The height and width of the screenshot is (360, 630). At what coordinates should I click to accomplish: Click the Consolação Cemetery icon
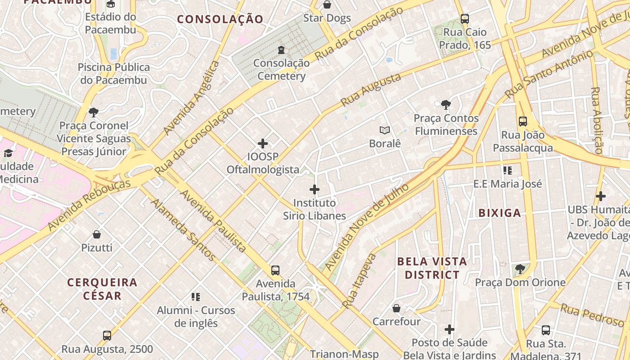(x=281, y=49)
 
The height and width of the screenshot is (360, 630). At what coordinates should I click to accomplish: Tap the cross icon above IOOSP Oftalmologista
(x=263, y=144)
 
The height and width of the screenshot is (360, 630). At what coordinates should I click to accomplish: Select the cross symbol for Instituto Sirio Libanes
(x=315, y=189)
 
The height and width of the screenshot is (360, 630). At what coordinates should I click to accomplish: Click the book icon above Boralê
(x=384, y=130)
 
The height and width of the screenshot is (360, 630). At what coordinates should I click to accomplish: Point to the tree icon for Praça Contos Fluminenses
(x=446, y=105)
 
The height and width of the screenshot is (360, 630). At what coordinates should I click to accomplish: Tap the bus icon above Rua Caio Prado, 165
(x=465, y=19)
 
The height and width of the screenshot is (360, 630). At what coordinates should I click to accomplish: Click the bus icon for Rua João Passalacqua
(x=522, y=121)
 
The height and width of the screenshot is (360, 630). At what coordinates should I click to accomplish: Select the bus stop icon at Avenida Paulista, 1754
(x=275, y=270)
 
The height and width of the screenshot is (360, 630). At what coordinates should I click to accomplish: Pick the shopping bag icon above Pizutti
(x=97, y=234)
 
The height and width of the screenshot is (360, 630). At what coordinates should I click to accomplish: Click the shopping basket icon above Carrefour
(x=396, y=308)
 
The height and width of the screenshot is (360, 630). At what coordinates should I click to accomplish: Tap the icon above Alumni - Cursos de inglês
(x=196, y=297)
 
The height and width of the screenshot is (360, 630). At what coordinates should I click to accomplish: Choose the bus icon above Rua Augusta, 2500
(x=107, y=336)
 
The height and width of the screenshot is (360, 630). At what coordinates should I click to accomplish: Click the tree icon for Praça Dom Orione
(x=520, y=269)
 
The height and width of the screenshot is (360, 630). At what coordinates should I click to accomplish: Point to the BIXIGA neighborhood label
(x=499, y=213)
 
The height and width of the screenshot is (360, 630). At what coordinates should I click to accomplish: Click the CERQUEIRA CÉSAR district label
(x=102, y=289)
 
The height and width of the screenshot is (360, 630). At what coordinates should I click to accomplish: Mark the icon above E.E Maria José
(x=508, y=171)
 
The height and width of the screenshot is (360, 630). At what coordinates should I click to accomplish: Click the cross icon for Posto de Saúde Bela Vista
(x=450, y=329)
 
